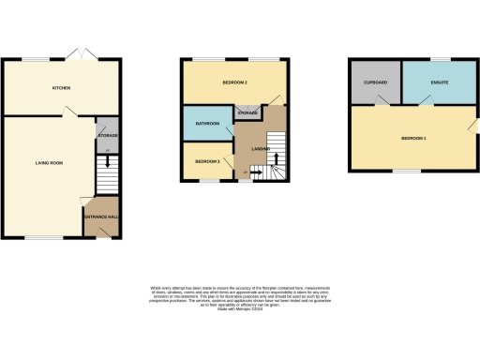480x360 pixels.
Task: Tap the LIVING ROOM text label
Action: [49, 163]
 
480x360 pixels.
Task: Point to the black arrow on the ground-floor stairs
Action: [107, 160]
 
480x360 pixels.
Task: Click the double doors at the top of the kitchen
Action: [81, 54]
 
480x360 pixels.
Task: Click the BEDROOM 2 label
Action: [234, 82]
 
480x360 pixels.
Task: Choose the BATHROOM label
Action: [207, 123]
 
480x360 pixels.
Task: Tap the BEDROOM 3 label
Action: [207, 161]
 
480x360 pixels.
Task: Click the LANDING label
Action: [262, 149]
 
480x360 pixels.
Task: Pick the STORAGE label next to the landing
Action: [247, 112]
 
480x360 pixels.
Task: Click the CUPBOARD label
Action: [375, 82]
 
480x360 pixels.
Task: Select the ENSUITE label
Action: [440, 82]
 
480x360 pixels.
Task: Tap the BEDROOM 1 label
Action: [413, 139]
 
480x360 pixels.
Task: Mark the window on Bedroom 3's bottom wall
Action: [207, 182]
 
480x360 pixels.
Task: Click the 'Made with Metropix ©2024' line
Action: [239, 307]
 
